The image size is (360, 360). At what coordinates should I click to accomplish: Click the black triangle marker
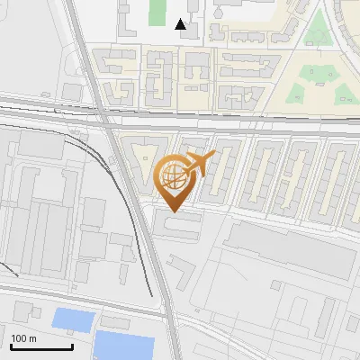[181, 24]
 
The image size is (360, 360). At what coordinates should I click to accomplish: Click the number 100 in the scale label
[21, 338]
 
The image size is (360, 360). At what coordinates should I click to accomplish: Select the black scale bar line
[41, 346]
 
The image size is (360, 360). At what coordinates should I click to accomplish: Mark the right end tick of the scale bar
[72, 345]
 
